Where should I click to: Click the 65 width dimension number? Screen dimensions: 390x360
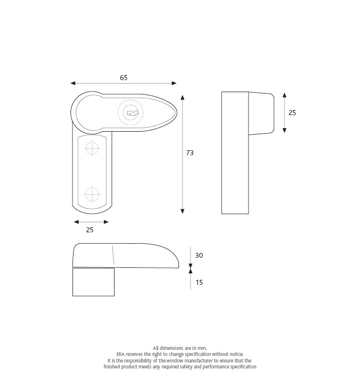click(123, 78)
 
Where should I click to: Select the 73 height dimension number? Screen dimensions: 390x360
click(189, 153)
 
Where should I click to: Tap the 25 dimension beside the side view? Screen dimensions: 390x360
click(292, 113)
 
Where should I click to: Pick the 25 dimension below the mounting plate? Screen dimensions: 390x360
click(90, 230)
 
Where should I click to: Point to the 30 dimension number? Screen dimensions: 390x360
click(199, 255)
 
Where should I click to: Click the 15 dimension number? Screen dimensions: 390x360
click(199, 282)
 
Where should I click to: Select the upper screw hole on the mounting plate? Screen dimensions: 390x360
click(92, 148)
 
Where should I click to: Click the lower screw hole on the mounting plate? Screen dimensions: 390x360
click(92, 194)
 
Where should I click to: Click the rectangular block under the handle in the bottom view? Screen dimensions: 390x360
click(93, 282)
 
